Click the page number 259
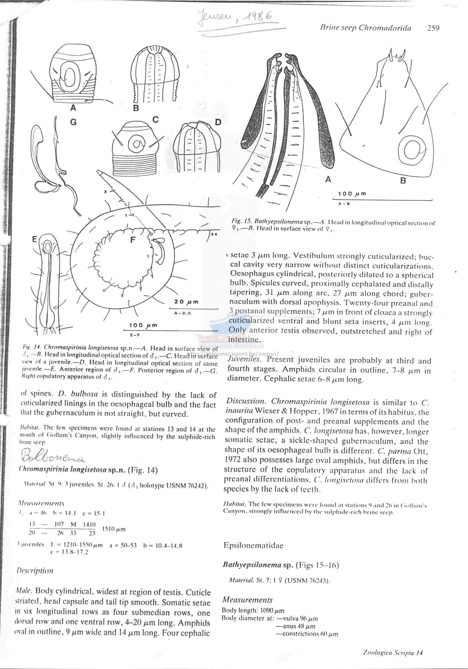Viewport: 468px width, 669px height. (x=433, y=28)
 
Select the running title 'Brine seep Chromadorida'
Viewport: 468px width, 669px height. (x=365, y=28)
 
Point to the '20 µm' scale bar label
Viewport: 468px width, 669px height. (x=186, y=302)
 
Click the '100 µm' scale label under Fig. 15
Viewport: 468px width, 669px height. (x=352, y=194)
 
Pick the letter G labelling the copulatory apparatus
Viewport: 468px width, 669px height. (x=73, y=122)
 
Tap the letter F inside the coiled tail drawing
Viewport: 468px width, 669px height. (x=133, y=240)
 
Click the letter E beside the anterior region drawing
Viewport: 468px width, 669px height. (x=34, y=240)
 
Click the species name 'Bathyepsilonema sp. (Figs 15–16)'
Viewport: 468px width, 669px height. (x=281, y=565)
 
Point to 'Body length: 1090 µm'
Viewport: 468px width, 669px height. (x=253, y=610)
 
